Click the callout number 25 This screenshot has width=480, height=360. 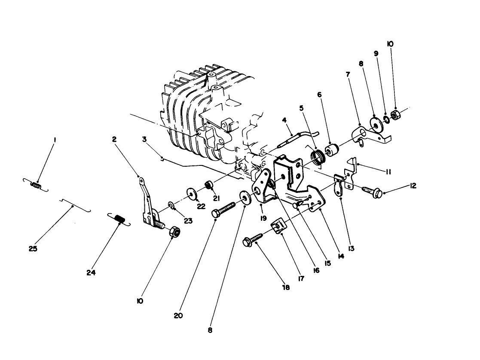(x=33, y=249)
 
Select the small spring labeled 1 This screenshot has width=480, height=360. (x=36, y=186)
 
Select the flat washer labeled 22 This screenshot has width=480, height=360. (x=190, y=192)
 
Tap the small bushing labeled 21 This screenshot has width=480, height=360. (x=208, y=185)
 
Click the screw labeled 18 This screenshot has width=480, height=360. (x=254, y=238)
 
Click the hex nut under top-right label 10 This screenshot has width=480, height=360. (x=396, y=115)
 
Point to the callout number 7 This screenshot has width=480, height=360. (x=348, y=74)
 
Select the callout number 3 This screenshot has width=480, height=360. (x=145, y=140)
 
